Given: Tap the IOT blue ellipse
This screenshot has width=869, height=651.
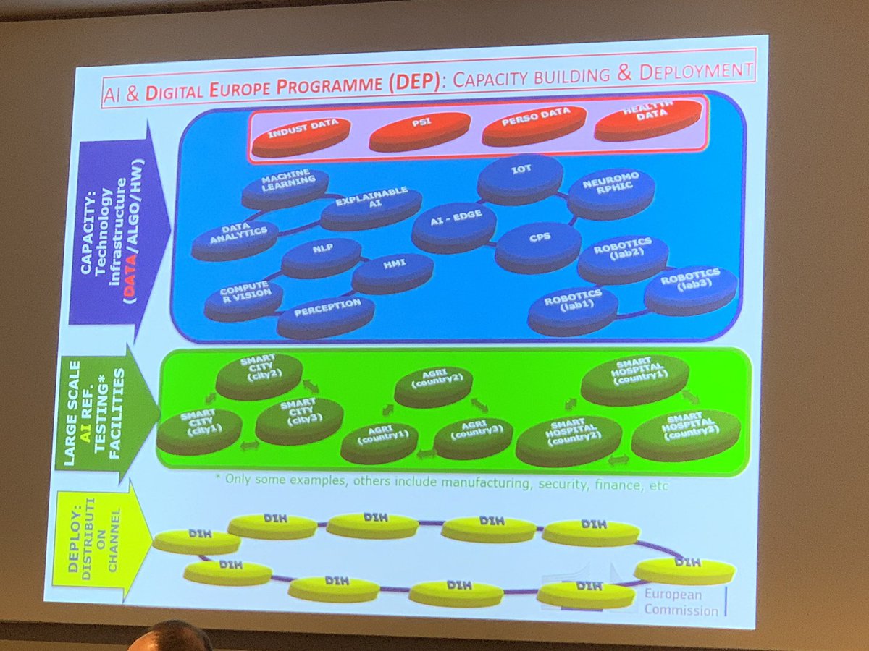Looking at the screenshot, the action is click(520, 177).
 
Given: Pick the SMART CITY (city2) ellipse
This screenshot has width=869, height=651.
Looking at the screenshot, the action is click(259, 373).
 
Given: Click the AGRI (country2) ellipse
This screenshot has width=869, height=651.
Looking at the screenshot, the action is click(433, 384).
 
